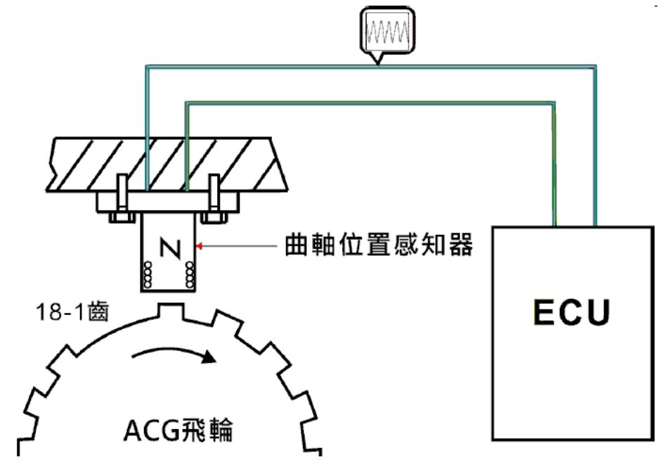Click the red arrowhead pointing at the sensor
click(x=201, y=246)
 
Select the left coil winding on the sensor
click(x=148, y=275)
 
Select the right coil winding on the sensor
click(x=189, y=275)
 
